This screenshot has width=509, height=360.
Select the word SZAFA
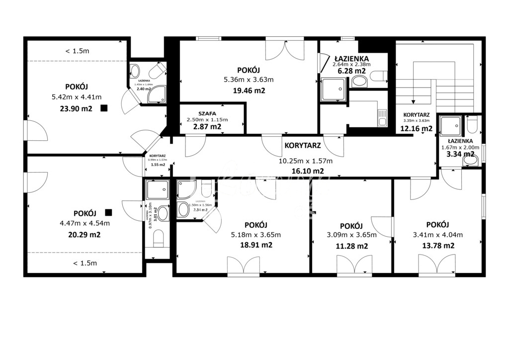pos(207,113)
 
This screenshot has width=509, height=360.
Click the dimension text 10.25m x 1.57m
pos(305,161)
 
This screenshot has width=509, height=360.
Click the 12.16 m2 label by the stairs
pos(416,129)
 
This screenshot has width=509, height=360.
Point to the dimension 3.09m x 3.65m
pos(352,235)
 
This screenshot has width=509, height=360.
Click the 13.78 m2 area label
pos(438,245)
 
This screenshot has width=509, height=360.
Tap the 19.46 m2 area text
pos(249,90)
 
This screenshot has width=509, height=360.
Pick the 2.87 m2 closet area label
pos(207,127)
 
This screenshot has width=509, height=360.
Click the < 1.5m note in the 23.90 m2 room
pos(78,51)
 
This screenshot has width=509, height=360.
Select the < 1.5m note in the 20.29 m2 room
pos(85,263)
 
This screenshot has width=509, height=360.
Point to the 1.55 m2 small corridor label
pos(158,165)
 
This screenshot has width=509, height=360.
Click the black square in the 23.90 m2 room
pos(104,108)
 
